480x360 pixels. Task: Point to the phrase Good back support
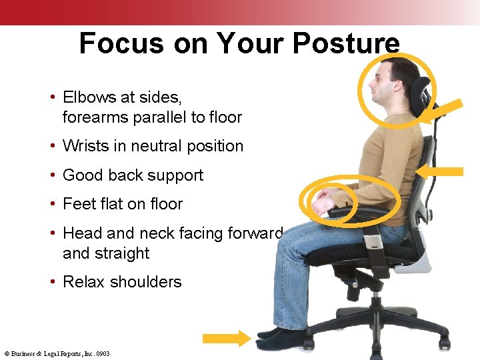[133, 175]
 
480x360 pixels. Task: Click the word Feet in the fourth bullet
[77, 204]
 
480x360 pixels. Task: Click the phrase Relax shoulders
[121, 282]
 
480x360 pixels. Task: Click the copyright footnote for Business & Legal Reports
[57, 354]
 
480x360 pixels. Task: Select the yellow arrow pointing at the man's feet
[226, 338]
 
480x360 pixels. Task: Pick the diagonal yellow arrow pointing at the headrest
[445, 111]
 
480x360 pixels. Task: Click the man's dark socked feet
[280, 337]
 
